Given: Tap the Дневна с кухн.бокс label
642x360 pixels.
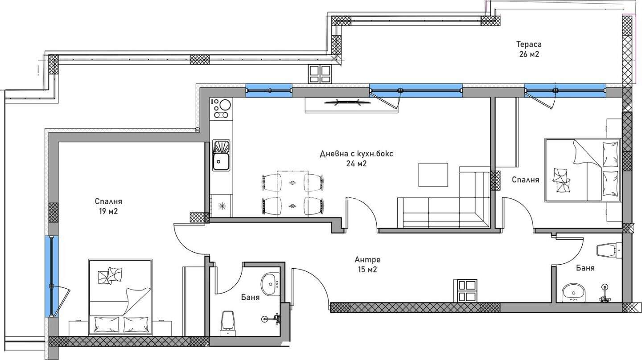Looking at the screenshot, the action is (356, 154).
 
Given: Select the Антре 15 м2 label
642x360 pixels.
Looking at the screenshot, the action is (367, 265).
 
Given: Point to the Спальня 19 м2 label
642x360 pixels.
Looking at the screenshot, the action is (108, 206).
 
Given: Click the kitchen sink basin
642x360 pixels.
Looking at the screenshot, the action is (221, 162).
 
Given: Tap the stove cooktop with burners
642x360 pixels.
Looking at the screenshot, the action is (221, 109).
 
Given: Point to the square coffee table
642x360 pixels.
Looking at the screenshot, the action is (433, 175).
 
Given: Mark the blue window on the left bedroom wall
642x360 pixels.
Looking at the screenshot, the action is (52, 276).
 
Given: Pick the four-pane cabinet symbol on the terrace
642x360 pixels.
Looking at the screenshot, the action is (320, 74).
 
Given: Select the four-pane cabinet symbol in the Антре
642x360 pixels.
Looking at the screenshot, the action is (465, 290).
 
